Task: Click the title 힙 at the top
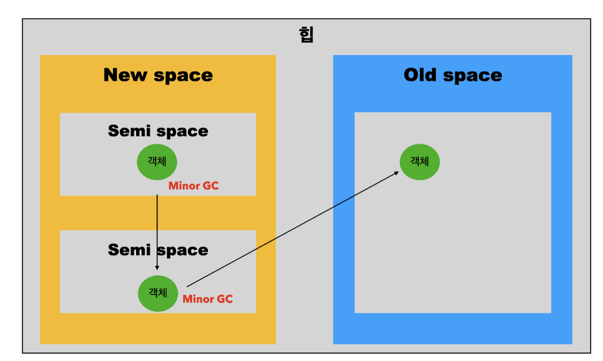pos(306,35)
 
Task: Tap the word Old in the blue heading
pos(421,75)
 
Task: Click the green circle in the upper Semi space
pos(157,162)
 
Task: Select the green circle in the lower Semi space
pos(158,293)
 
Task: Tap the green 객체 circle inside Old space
pos(420,162)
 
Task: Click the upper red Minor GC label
pos(193,187)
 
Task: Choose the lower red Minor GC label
pos(207,299)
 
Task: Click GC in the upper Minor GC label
pos(210,187)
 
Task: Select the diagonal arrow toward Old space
pos(292,230)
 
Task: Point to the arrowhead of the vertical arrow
pos(157,268)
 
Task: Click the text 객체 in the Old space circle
pos(420,161)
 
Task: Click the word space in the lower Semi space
pos(184,251)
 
